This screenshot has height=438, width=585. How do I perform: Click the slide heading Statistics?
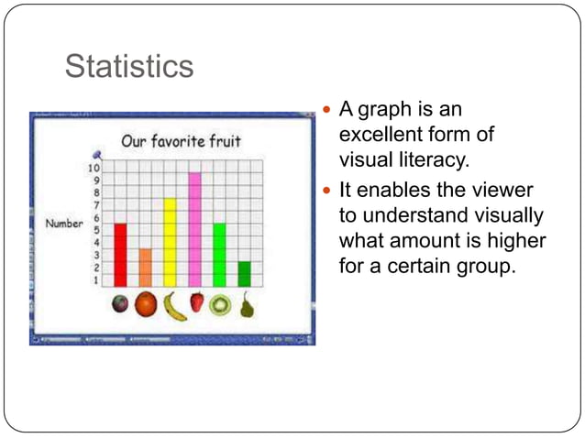point(128,67)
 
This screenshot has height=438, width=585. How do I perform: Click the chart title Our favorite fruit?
point(181,142)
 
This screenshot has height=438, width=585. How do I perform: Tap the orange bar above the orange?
point(145,267)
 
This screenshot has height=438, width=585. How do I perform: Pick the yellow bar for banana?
point(170,242)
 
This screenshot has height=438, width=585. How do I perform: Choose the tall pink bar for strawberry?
point(194,229)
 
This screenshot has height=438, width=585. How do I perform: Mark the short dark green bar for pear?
point(244,273)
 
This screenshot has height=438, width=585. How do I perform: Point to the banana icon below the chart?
point(174,305)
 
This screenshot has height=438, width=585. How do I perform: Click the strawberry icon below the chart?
point(196,303)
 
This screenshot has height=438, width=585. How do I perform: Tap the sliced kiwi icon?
point(220,305)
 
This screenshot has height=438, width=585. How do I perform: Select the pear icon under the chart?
point(246,305)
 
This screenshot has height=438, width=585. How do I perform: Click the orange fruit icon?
point(146,305)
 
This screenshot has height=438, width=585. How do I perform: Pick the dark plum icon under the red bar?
point(120,304)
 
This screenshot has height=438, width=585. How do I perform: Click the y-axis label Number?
point(65,224)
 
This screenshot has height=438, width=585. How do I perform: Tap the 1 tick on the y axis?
point(95,280)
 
